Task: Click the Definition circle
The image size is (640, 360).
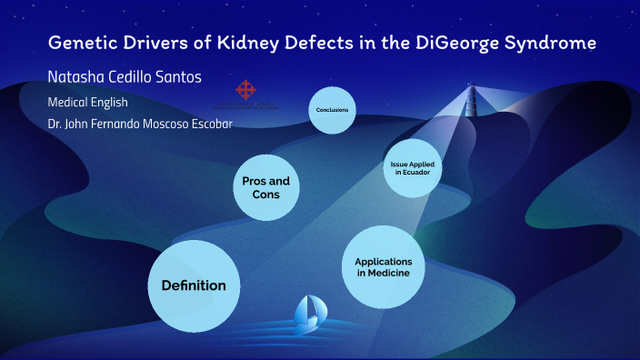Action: [x=193, y=285]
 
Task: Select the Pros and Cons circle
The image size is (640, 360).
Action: [x=266, y=188]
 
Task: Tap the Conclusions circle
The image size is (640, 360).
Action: [x=332, y=110]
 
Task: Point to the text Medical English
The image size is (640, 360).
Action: [x=87, y=102]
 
